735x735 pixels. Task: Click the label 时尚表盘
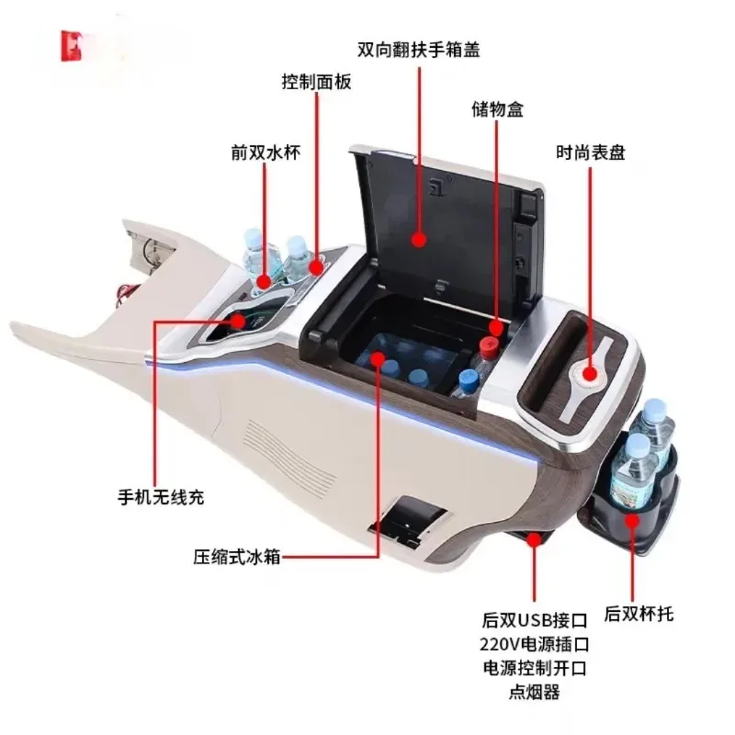click(590, 153)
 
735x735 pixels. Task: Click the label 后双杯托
click(639, 613)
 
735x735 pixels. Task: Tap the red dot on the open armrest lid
click(419, 241)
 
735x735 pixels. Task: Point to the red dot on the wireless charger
click(240, 321)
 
